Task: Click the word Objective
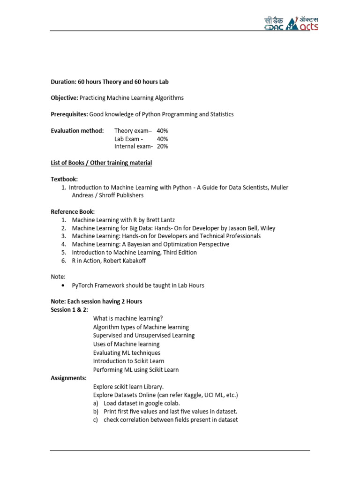(x=64, y=98)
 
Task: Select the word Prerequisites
(x=69, y=114)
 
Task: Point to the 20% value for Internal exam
(x=163, y=147)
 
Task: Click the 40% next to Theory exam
(x=163, y=131)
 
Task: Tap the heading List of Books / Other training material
(x=101, y=163)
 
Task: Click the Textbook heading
(x=64, y=180)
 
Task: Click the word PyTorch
(x=82, y=285)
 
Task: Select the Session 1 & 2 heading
(x=69, y=310)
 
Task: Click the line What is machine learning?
(x=128, y=318)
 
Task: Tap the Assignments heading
(x=68, y=378)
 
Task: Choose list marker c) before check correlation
(x=96, y=420)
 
